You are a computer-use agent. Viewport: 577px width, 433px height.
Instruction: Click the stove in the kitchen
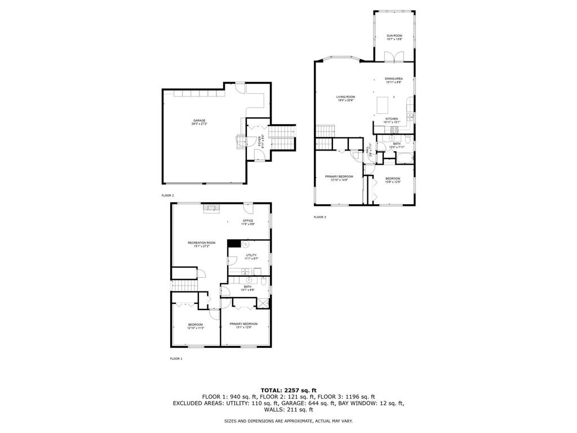coord(393,130)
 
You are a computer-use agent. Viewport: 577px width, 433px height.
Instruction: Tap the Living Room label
coord(346,98)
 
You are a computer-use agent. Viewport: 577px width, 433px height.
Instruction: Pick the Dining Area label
coord(393,80)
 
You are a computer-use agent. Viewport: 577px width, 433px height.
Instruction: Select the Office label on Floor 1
coord(248,222)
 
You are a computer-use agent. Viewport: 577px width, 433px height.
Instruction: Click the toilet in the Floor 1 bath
coord(264,280)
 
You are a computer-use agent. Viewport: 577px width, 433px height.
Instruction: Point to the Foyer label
coord(260,141)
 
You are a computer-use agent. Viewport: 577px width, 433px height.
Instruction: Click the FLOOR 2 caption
coord(168,195)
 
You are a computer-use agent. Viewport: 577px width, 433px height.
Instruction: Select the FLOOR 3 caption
coord(319,217)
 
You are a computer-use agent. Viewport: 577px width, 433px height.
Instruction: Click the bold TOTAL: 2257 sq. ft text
coord(288,390)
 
